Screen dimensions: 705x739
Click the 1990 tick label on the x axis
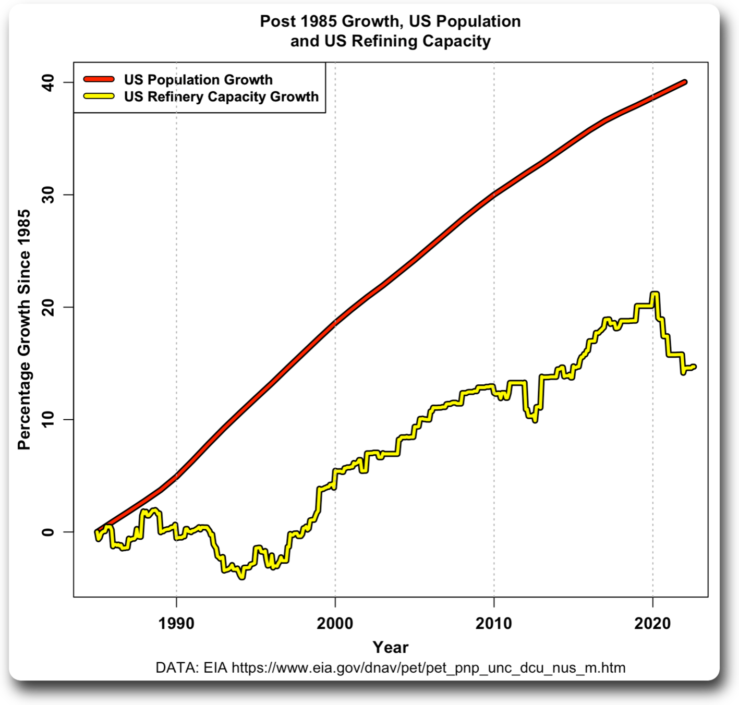tap(176, 623)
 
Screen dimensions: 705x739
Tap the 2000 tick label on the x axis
tap(335, 623)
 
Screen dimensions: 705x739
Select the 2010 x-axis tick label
tap(493, 623)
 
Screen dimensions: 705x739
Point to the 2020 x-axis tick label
tap(652, 623)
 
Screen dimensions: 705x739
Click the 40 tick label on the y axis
tap(49, 82)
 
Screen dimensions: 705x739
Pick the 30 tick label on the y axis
tap(49, 195)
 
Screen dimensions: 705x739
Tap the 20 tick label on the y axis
tap(49, 307)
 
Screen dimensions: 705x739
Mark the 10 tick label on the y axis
tap(49, 419)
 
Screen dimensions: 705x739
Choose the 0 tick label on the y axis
tap(49, 532)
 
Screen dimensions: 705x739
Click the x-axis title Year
tap(390, 647)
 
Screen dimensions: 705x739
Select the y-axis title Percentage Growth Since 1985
tap(24, 330)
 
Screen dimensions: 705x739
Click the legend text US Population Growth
tap(198, 80)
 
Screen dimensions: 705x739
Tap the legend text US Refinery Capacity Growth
tap(221, 96)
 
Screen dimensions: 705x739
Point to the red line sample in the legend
tap(99, 79)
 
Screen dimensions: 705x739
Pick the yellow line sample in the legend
tap(99, 96)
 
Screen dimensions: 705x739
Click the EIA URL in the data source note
tap(428, 667)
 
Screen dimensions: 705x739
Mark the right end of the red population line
tap(685, 82)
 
